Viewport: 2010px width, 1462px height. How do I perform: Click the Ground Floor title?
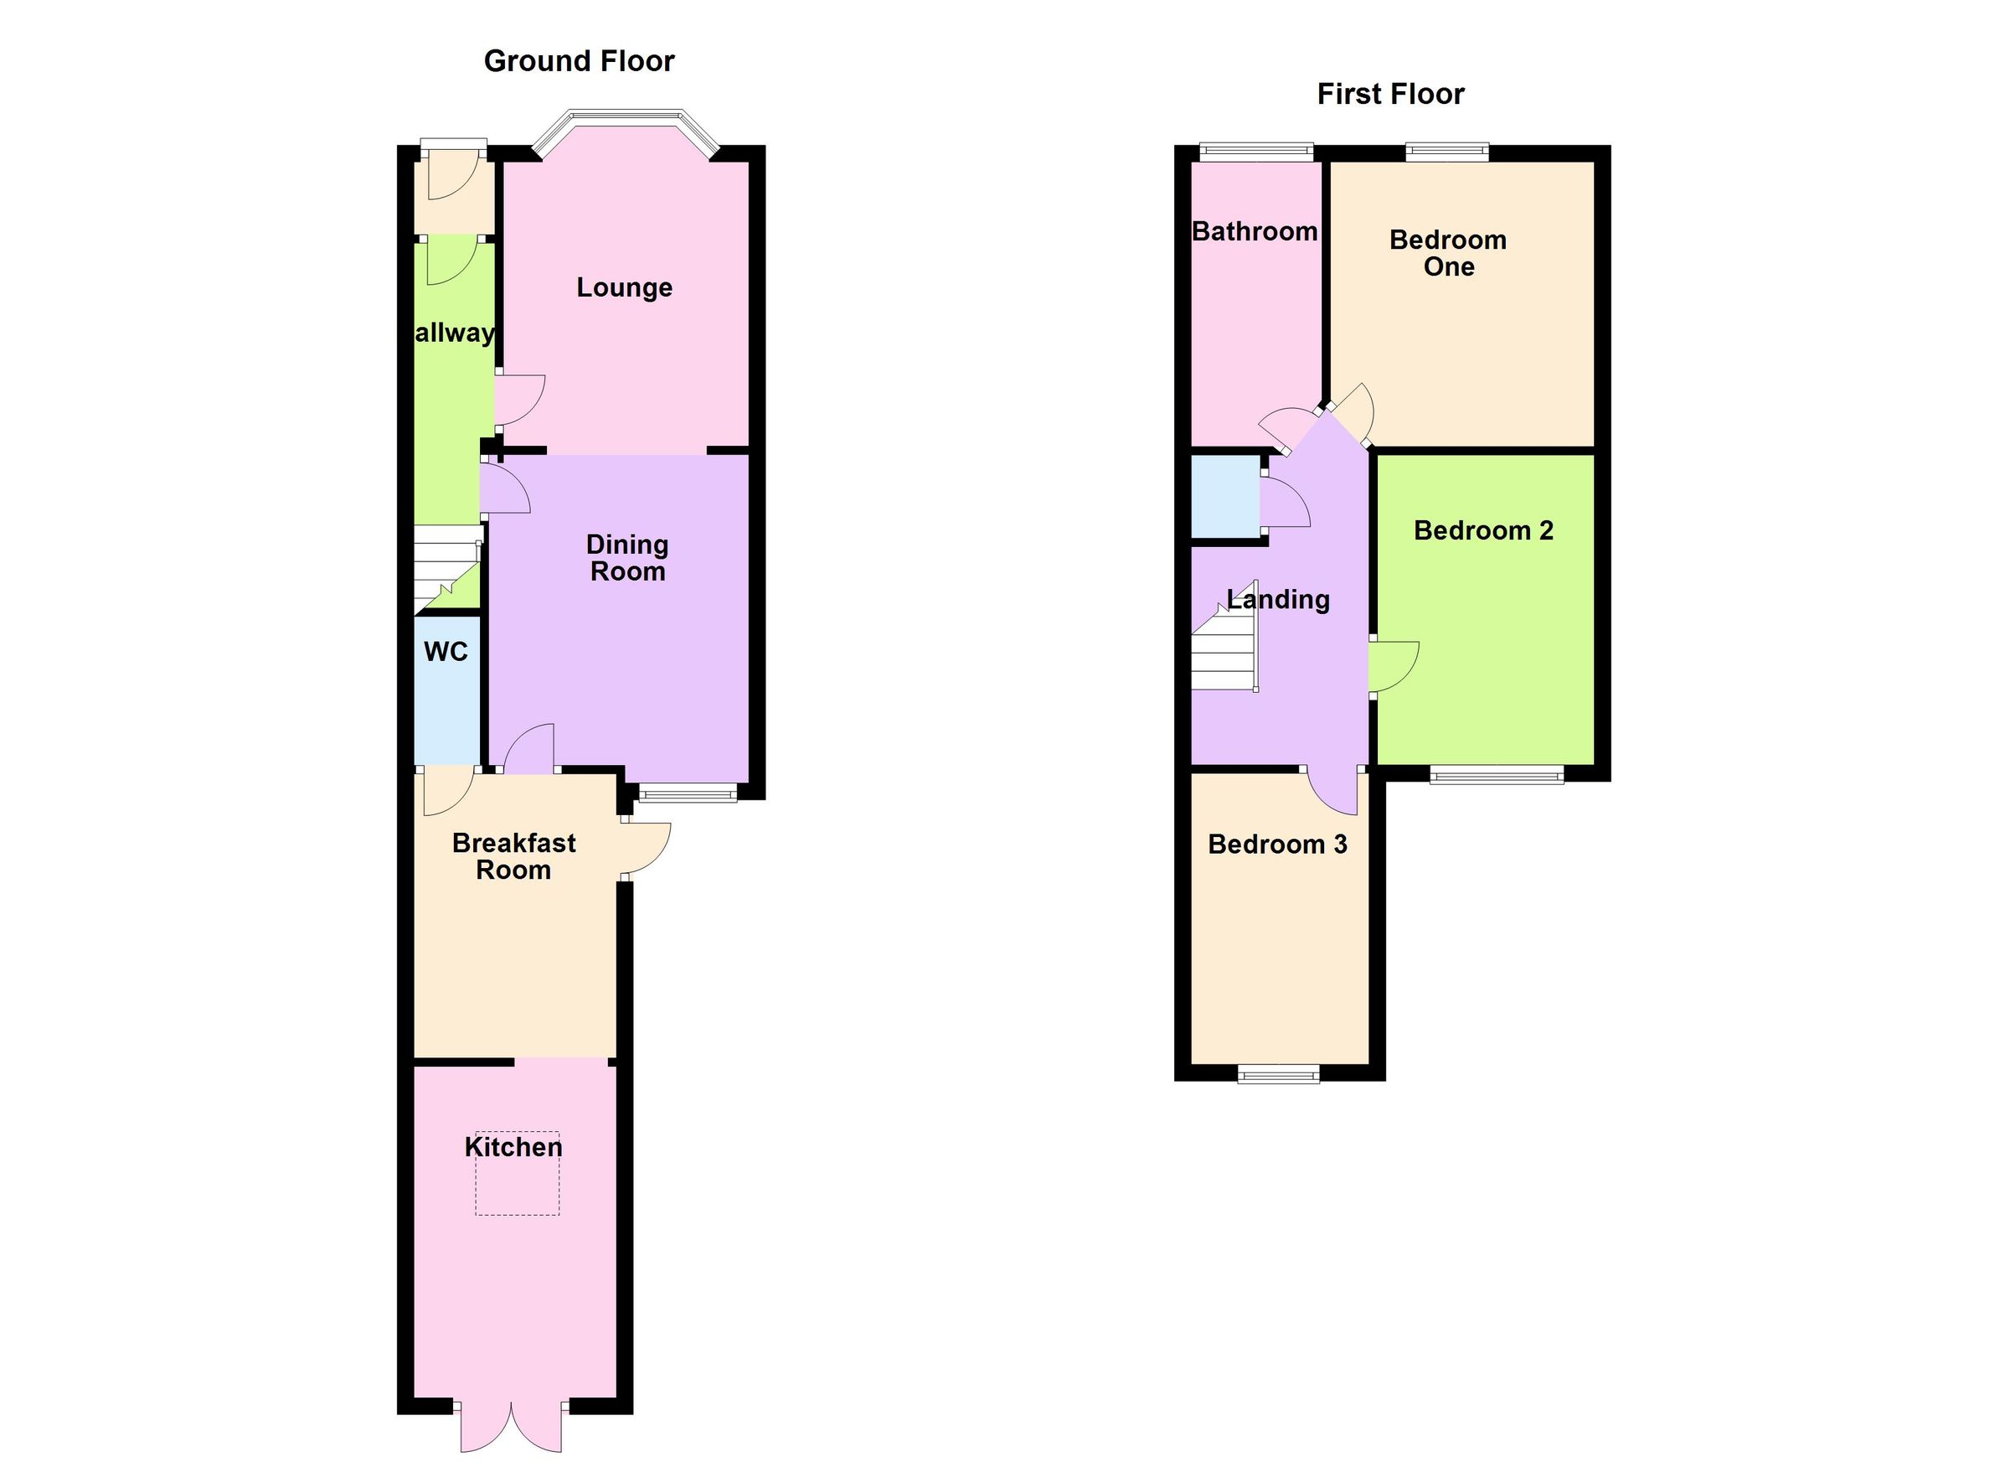click(579, 61)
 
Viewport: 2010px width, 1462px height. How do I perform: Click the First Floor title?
click(1389, 94)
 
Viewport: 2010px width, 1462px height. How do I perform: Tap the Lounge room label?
click(624, 287)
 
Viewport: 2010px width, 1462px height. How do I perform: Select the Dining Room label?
click(627, 558)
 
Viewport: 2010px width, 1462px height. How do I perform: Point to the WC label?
click(446, 652)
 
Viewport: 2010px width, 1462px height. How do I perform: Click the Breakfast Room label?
click(514, 855)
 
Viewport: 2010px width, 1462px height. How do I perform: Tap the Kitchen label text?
click(513, 1147)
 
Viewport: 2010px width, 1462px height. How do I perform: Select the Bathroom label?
click(1254, 231)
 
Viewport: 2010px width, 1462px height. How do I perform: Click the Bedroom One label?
click(1448, 253)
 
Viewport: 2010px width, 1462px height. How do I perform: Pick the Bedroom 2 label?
click(1483, 530)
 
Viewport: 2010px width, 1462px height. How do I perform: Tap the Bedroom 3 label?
click(1277, 844)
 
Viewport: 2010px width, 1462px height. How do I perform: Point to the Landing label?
click(1278, 599)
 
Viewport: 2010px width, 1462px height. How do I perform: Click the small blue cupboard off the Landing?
click(1224, 497)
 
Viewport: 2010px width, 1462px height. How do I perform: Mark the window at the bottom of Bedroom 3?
click(1278, 1075)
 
